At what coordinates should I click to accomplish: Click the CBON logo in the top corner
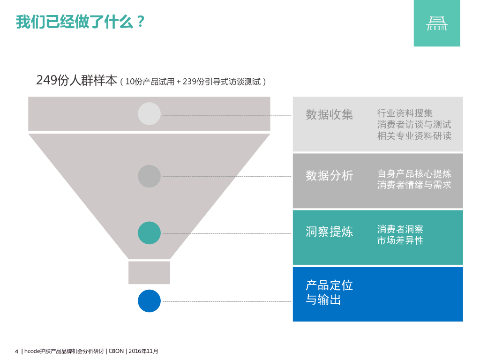click(437, 23)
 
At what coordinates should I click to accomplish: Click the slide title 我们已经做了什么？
click(80, 22)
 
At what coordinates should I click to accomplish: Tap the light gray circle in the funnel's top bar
click(149, 113)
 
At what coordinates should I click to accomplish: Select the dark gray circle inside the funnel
click(149, 176)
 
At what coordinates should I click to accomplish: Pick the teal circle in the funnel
click(149, 233)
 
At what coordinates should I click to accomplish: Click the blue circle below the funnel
click(149, 301)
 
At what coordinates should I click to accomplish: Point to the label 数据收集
click(329, 114)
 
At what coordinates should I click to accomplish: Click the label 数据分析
click(329, 176)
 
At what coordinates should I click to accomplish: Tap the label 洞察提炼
click(329, 232)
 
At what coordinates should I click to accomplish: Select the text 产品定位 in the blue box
click(329, 285)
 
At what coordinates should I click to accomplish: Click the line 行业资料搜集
click(405, 113)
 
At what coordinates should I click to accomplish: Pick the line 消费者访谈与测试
click(414, 125)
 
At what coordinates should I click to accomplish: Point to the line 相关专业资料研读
click(414, 136)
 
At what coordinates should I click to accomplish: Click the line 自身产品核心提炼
click(414, 173)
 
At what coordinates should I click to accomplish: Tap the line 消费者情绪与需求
click(414, 185)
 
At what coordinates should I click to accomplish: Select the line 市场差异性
click(400, 240)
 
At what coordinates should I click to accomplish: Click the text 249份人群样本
click(76, 81)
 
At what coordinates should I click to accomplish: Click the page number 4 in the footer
click(16, 351)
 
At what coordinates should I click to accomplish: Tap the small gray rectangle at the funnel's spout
click(149, 272)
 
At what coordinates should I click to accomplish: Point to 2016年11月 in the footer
click(143, 351)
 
